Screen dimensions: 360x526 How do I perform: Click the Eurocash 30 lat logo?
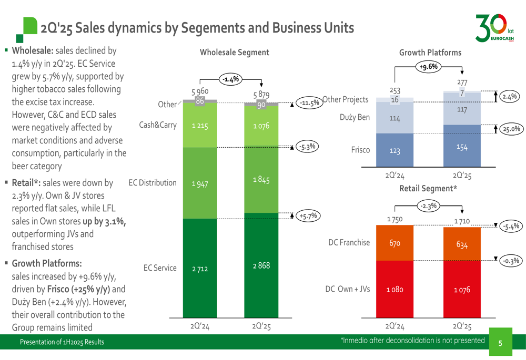[494, 27]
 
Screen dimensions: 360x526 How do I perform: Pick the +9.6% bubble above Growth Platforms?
[429, 67]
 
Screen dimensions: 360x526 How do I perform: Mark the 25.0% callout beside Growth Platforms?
[510, 128]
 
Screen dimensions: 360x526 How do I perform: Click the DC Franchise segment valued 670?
[395, 243]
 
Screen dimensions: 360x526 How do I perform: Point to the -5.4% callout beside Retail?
[510, 227]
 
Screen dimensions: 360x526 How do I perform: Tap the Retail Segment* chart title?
[427, 188]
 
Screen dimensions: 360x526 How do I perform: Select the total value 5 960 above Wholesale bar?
[199, 91]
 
